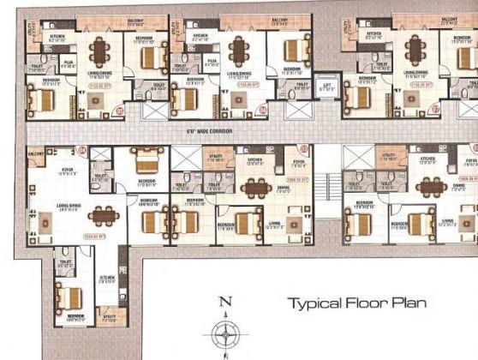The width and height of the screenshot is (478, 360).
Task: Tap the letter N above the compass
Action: [x=225, y=301]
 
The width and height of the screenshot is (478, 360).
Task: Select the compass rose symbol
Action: [x=225, y=333]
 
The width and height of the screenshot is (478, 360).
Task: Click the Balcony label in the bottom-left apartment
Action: [x=35, y=152]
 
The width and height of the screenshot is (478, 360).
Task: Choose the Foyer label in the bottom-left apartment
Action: [x=57, y=171]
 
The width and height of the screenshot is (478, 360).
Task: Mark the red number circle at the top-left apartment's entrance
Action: [x=119, y=110]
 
